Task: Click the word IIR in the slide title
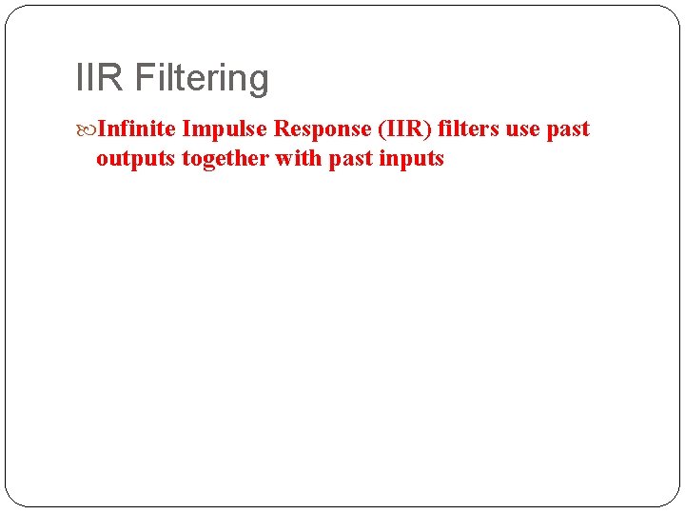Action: coord(99,78)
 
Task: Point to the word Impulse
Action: coord(225,129)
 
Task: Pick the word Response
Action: coord(319,129)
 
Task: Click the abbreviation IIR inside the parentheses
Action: coord(401,128)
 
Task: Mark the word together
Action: coord(225,159)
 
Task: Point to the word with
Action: coord(298,158)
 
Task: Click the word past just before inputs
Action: coord(350,160)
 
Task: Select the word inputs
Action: coord(411,159)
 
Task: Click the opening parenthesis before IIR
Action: coord(377,129)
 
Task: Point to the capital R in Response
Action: coord(281,128)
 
